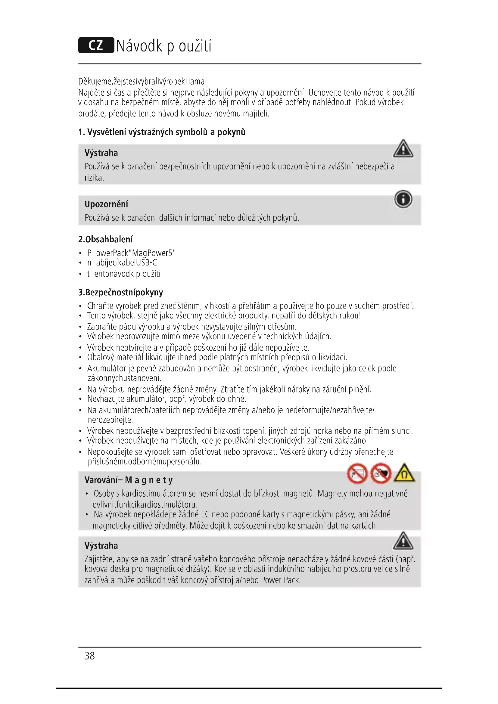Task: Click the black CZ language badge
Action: point(96,45)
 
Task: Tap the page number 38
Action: point(89,656)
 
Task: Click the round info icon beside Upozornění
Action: point(403,199)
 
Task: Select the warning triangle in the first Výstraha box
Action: point(403,149)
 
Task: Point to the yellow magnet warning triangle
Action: point(404,473)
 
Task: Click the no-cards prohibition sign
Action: point(357,474)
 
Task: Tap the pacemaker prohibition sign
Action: point(381,474)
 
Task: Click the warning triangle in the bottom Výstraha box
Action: point(403,541)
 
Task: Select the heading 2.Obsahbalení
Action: point(105,239)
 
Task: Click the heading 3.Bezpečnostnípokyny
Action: point(120,292)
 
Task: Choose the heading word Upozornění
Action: point(106,204)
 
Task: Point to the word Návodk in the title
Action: point(139,46)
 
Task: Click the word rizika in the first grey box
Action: point(94,178)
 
